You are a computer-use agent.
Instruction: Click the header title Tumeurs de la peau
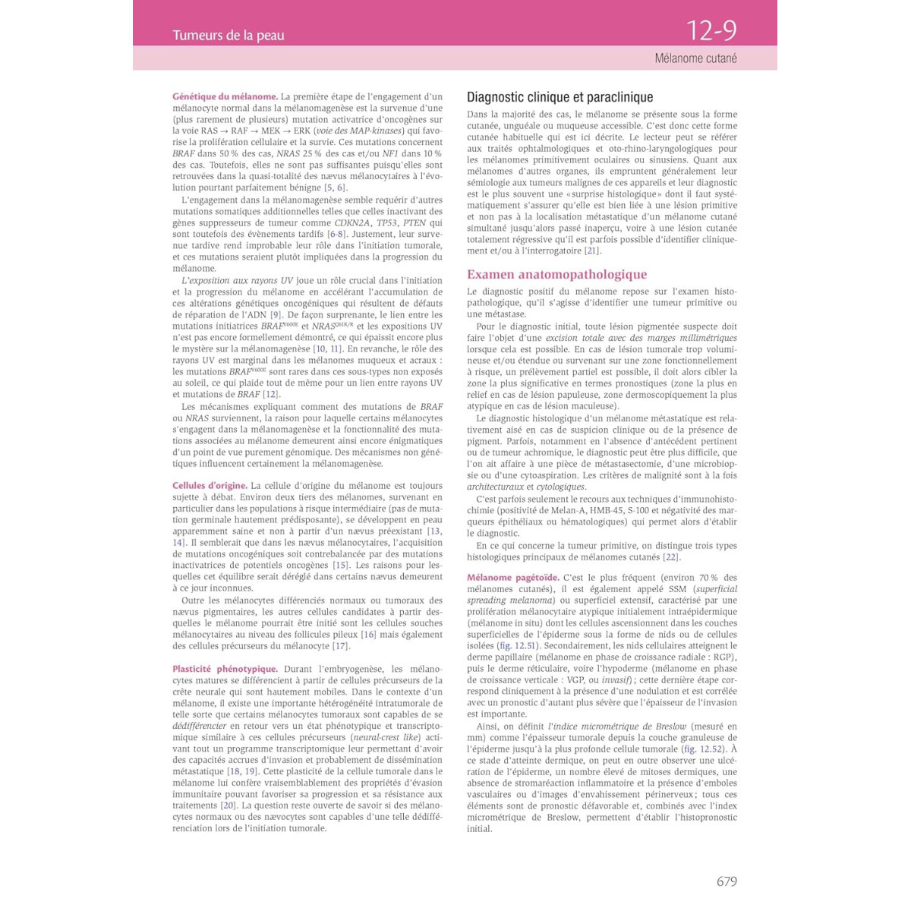coord(228,35)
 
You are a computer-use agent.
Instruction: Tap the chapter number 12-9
coord(711,30)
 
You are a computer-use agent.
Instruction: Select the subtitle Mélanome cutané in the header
coord(695,58)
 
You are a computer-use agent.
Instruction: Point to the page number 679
coord(727,881)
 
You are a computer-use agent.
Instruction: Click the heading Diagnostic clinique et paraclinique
coord(560,97)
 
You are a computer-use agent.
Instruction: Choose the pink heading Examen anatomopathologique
coord(556,274)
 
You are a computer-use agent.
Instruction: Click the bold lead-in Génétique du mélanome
coord(225,96)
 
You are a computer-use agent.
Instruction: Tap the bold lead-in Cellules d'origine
coord(210,486)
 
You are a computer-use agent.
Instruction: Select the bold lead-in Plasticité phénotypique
coord(225,669)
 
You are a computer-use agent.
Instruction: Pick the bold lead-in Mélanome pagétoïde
coord(512,578)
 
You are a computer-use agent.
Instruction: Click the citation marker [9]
coord(276,315)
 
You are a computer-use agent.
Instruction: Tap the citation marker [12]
coord(270,395)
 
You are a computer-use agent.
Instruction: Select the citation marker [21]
coord(592,251)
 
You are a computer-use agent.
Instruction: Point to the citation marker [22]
coord(670,557)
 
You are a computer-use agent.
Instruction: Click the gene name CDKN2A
coord(352,223)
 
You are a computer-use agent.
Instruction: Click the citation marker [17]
coord(341,646)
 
